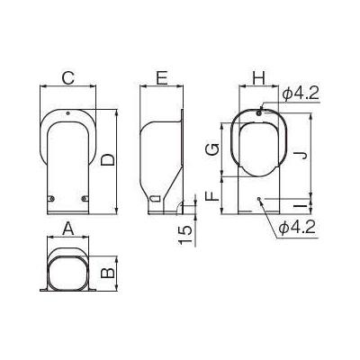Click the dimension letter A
tap(67, 229)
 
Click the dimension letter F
tap(211, 195)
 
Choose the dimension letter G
tap(211, 148)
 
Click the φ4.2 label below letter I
tap(296, 230)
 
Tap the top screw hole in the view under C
tap(67, 112)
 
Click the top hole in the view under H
tap(259, 112)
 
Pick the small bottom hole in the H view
tap(259, 199)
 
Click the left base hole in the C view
tap(51, 197)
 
